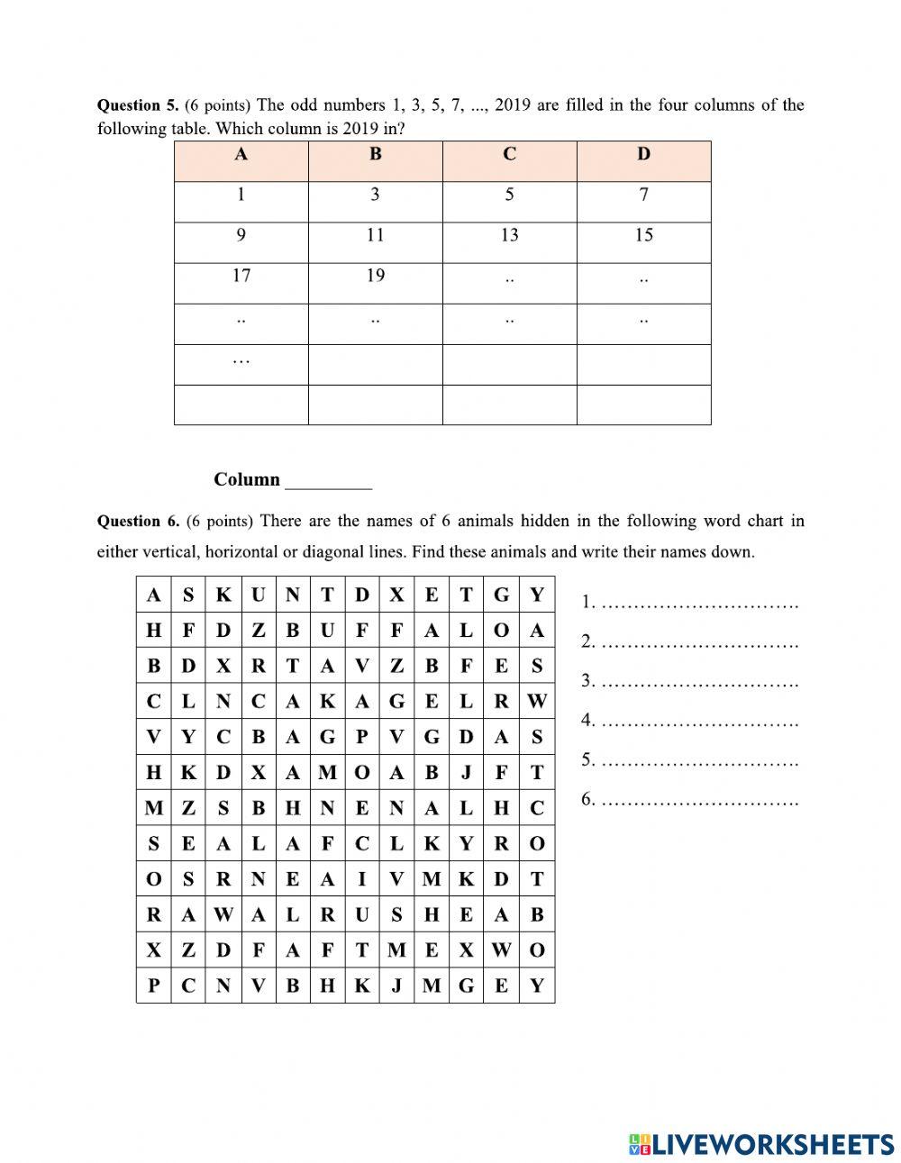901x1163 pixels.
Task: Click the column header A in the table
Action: click(x=241, y=154)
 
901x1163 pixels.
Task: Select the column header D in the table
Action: click(x=643, y=154)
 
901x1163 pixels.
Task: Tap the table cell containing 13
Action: click(x=509, y=235)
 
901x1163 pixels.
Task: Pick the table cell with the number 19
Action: click(x=375, y=276)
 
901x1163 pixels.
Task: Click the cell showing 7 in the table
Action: click(x=643, y=195)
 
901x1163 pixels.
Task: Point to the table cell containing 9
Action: click(x=241, y=235)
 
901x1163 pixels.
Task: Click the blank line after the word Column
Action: click(x=328, y=482)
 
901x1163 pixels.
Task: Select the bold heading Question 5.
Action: click(x=138, y=105)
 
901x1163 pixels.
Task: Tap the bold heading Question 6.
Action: click(x=138, y=521)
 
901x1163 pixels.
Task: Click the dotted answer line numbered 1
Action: click(x=699, y=604)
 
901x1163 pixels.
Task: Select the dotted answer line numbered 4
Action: click(x=699, y=722)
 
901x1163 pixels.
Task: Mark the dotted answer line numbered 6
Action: click(x=699, y=800)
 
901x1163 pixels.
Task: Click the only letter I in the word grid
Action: click(x=361, y=879)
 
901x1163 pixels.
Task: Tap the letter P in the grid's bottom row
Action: click(x=154, y=986)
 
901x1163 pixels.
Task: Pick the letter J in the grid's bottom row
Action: click(x=396, y=986)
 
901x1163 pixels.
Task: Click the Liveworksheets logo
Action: click(x=761, y=1144)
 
